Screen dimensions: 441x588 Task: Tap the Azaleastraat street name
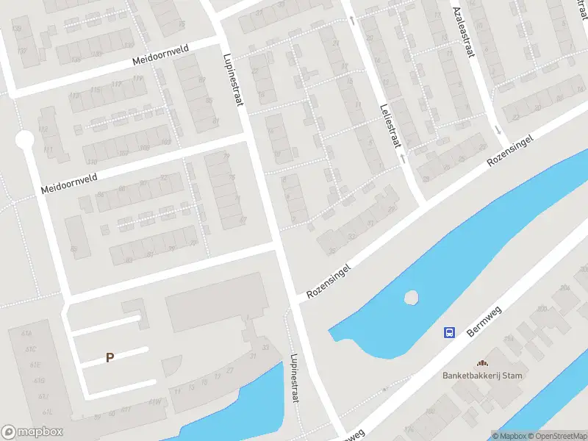click(x=463, y=32)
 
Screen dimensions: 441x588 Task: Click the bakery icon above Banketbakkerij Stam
click(x=482, y=363)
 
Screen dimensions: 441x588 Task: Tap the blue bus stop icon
click(x=448, y=332)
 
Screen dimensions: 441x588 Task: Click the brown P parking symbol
click(x=110, y=358)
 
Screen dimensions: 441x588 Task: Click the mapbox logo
click(x=32, y=432)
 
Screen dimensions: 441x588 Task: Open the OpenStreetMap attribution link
click(x=558, y=436)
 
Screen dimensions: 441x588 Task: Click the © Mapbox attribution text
click(x=511, y=436)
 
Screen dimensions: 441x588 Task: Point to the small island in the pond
click(x=411, y=298)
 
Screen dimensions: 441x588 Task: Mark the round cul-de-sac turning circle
click(x=25, y=139)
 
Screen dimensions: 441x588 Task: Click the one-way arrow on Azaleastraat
click(x=499, y=131)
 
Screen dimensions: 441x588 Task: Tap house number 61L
click(x=31, y=411)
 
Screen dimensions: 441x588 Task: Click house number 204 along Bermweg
click(x=564, y=288)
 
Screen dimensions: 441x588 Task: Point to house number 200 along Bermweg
click(x=542, y=309)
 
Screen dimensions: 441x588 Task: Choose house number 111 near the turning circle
click(x=49, y=149)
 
